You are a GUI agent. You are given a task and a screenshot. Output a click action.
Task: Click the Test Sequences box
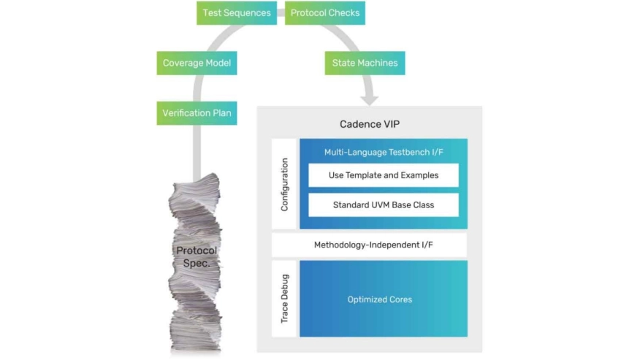coord(237,13)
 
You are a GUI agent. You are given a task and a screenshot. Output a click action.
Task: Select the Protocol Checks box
coord(324,13)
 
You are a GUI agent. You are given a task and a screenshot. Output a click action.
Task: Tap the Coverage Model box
coord(197,63)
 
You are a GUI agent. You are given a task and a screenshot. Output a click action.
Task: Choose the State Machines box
coord(365,63)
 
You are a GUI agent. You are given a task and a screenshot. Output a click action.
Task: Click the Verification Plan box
coord(197,113)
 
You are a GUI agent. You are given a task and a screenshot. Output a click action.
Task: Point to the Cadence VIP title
coord(369,124)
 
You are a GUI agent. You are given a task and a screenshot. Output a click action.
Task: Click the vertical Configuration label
coord(284,185)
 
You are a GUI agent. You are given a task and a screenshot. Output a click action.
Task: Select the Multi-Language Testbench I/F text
coord(383,152)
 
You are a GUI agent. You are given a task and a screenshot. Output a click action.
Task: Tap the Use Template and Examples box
coord(383,175)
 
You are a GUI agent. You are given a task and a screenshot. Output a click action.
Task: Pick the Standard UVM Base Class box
coord(383,205)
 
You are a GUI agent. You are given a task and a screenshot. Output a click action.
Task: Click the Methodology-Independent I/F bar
coord(369,245)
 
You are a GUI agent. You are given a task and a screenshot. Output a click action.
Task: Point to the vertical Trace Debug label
coord(284,299)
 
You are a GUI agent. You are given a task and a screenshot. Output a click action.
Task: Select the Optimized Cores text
coord(380,299)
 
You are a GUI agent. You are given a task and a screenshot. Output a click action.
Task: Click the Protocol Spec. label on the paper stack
coord(197,256)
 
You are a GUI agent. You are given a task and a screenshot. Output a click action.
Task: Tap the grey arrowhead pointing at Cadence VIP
coord(370,97)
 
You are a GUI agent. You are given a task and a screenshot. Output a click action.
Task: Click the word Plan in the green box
coord(220,113)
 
